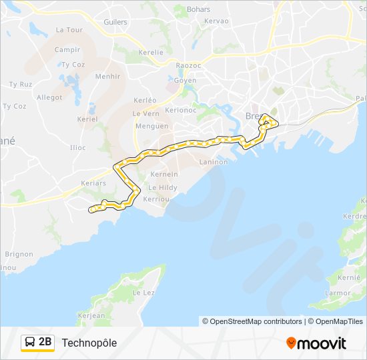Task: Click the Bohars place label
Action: [199, 9]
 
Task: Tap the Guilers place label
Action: [115, 22]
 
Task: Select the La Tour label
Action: [69, 30]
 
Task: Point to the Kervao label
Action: [216, 21]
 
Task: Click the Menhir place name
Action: [108, 77]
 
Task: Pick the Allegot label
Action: [49, 97]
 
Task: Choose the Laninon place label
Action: [214, 162]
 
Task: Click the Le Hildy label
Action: [163, 188]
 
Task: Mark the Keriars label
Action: [93, 183]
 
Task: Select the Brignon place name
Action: [19, 254]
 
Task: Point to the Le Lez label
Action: [143, 293]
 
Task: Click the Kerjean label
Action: [91, 316]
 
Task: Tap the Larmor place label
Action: [338, 293]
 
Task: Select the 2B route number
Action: [45, 343]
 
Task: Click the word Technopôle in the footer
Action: [89, 343]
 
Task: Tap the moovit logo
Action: [316, 343]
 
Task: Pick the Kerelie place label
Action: [151, 52]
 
